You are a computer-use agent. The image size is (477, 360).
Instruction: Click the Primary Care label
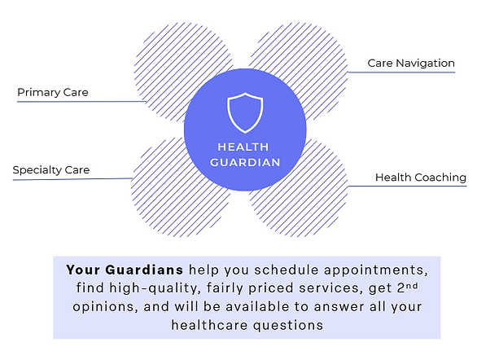53,92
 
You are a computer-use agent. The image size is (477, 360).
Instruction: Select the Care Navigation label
411,64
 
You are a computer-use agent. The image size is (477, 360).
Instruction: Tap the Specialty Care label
51,169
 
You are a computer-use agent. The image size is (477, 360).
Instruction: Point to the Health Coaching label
421,178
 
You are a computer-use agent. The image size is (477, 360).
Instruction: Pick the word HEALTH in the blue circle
243,147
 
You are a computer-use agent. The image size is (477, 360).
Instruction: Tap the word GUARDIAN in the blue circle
245,163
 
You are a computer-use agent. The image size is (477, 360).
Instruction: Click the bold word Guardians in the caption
144,270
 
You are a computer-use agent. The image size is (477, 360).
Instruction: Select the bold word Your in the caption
83,270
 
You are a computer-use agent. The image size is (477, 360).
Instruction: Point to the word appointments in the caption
375,270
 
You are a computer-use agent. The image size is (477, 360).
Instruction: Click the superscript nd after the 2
412,286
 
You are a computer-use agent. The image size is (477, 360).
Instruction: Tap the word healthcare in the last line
209,325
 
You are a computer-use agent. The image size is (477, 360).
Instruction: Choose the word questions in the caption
288,326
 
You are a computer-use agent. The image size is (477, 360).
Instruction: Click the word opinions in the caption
103,307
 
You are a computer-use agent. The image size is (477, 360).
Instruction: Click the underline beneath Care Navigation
401,72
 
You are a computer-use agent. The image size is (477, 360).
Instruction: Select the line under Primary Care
81,102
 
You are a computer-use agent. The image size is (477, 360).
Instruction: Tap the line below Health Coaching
407,186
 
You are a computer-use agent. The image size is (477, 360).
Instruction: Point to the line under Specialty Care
72,179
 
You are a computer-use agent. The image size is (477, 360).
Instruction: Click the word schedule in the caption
287,270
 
